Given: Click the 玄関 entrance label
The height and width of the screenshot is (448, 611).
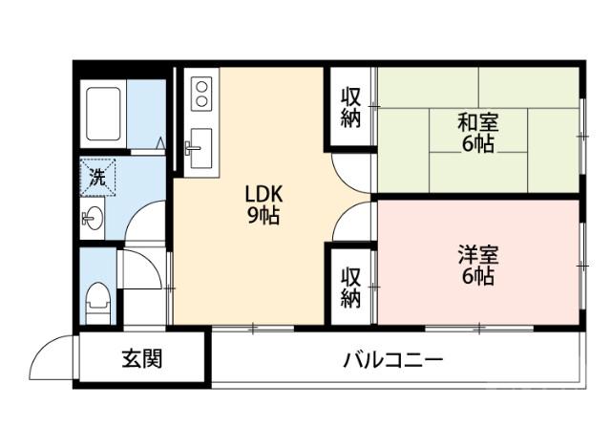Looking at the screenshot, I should pyautogui.click(x=140, y=359).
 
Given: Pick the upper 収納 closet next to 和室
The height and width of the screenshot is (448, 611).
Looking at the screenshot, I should pyautogui.click(x=351, y=108).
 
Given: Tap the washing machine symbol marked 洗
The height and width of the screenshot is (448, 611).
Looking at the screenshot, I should pyautogui.click(x=97, y=176).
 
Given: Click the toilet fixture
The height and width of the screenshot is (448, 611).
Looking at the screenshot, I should pyautogui.click(x=96, y=301).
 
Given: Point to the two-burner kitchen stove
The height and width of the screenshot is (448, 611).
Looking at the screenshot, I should pyautogui.click(x=201, y=93).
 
